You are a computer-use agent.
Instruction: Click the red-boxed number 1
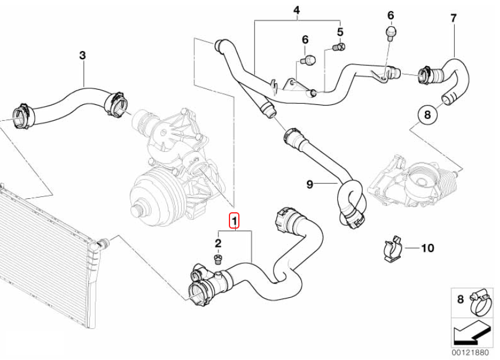point(234,221)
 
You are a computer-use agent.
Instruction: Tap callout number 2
point(218,243)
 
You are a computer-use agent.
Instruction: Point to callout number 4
point(296,11)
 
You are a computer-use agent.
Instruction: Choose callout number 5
point(340,30)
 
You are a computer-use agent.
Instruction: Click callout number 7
point(453,18)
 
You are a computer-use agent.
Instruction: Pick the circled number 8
point(427,114)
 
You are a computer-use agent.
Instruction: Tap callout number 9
point(310,185)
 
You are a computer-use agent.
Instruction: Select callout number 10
point(427,248)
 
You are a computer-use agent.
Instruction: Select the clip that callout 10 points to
point(391,249)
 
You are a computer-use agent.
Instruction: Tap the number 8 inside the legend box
point(460,299)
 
